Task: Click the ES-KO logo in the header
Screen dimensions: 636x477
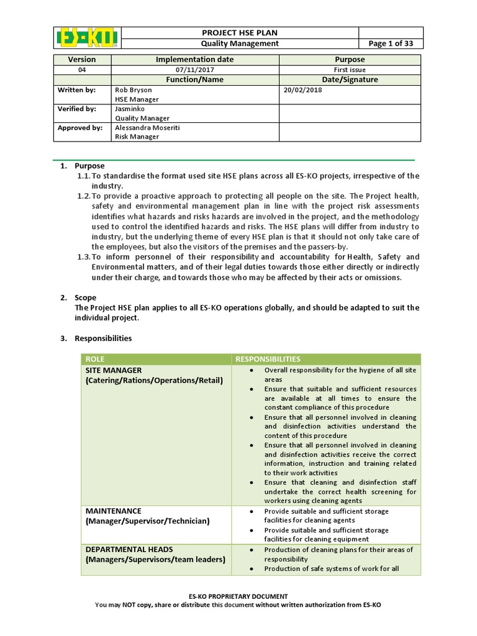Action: [86, 38]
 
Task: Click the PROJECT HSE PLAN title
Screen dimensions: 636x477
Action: [239, 32]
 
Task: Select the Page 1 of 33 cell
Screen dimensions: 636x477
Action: [391, 43]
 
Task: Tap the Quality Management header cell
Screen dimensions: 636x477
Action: [239, 43]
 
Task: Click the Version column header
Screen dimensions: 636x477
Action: [82, 60]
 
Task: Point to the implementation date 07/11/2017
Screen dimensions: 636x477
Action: [195, 70]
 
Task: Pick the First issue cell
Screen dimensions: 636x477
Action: [350, 70]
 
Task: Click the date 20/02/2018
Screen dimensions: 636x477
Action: [303, 90]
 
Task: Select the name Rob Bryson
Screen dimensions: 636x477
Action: [134, 90]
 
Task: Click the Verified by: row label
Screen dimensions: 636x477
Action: [77, 109]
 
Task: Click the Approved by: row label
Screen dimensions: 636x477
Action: [80, 128]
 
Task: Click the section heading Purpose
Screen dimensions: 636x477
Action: [89, 166]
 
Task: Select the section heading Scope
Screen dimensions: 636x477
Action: [85, 298]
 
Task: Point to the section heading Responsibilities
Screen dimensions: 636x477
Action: [103, 338]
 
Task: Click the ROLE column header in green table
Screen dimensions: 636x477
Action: [96, 359]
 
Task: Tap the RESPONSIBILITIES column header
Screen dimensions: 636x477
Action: [267, 359]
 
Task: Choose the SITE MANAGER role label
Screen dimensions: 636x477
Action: [114, 370]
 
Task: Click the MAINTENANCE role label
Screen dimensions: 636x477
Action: [114, 511]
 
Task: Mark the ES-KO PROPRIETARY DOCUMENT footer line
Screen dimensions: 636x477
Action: [238, 596]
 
